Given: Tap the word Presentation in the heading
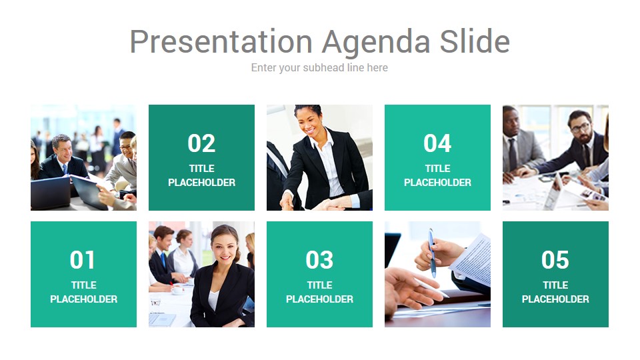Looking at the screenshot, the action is click(x=221, y=41).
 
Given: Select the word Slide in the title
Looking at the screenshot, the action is click(x=475, y=41).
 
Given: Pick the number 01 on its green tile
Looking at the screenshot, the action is click(x=82, y=260).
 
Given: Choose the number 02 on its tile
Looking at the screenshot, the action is click(x=201, y=143).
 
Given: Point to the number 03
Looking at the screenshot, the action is click(x=319, y=260).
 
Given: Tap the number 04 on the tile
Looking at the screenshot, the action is click(x=437, y=143).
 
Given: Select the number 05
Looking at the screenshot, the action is click(x=555, y=260).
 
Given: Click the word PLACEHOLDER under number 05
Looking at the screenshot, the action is click(x=555, y=299).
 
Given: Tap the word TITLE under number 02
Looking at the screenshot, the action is click(x=201, y=169).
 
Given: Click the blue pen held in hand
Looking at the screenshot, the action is click(x=432, y=253).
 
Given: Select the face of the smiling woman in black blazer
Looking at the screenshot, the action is click(x=224, y=247).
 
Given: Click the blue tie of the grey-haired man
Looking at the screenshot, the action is click(x=65, y=169).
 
